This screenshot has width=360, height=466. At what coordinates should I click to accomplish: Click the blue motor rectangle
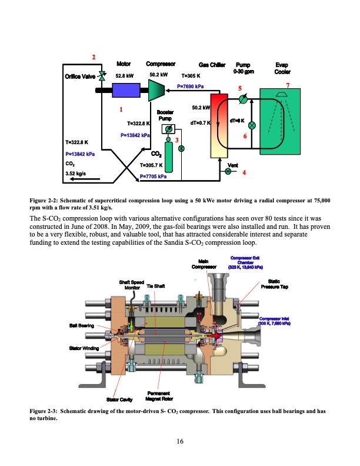tap(125, 91)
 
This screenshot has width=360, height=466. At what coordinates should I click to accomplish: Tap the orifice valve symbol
tap(102, 76)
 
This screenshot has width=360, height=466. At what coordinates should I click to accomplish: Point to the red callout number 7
tap(288, 86)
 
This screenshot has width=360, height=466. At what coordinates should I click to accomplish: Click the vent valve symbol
tap(228, 171)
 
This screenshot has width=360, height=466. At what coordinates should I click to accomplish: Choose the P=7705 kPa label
tap(153, 176)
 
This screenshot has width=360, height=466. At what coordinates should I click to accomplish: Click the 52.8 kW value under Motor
tap(124, 75)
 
